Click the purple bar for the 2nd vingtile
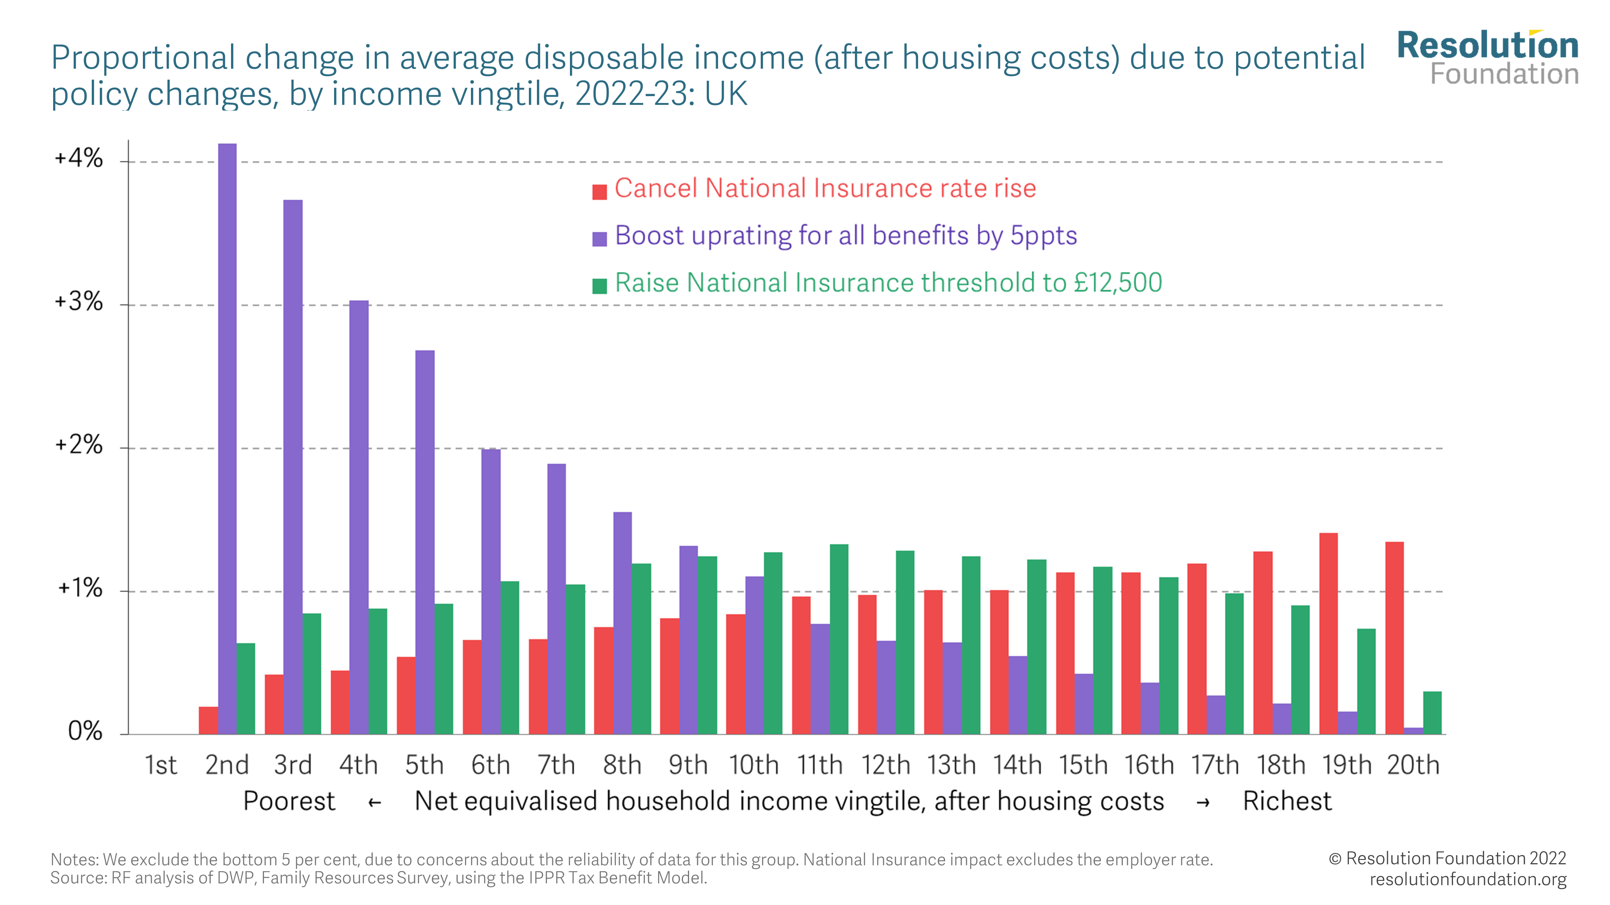(x=227, y=437)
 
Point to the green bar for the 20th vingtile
(x=1432, y=712)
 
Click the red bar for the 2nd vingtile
(x=208, y=720)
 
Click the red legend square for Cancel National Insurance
(x=599, y=192)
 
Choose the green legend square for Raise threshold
(x=599, y=286)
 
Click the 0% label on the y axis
(x=85, y=731)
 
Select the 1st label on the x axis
(x=161, y=765)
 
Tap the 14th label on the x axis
(x=1017, y=765)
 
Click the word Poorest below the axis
(x=289, y=801)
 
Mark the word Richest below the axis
(x=1287, y=801)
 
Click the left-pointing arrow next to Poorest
(x=374, y=802)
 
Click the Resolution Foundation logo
(x=1488, y=58)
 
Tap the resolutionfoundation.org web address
(x=1468, y=879)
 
